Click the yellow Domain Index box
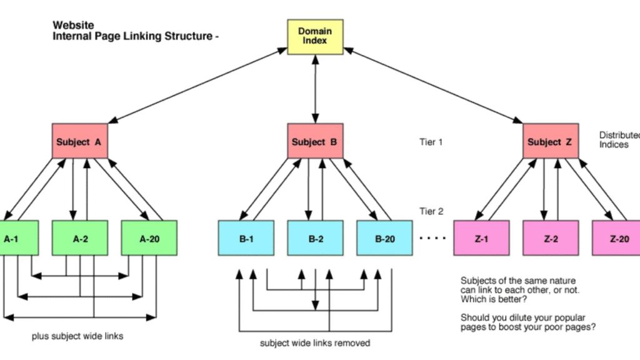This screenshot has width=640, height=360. click(x=315, y=36)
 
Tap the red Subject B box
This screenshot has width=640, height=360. click(x=315, y=142)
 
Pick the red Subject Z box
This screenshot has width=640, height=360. click(x=550, y=142)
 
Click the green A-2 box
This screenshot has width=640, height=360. click(x=81, y=238)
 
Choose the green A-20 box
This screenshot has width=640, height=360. click(x=149, y=238)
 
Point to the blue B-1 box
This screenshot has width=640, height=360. click(x=246, y=238)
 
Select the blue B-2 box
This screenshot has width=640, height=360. click(x=315, y=238)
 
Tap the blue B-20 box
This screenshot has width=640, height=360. click(x=384, y=238)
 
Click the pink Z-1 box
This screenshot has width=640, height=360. click(x=481, y=238)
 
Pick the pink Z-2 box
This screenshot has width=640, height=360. click(x=551, y=238)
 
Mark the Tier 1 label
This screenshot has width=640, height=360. click(x=431, y=142)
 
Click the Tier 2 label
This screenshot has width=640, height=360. click(x=431, y=211)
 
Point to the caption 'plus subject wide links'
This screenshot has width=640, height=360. click(x=77, y=336)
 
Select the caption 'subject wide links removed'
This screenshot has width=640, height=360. click(x=315, y=342)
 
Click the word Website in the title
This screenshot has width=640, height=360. click(x=73, y=26)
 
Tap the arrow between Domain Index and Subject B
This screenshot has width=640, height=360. click(x=315, y=87)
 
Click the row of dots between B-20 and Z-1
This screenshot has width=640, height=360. click(x=432, y=238)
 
